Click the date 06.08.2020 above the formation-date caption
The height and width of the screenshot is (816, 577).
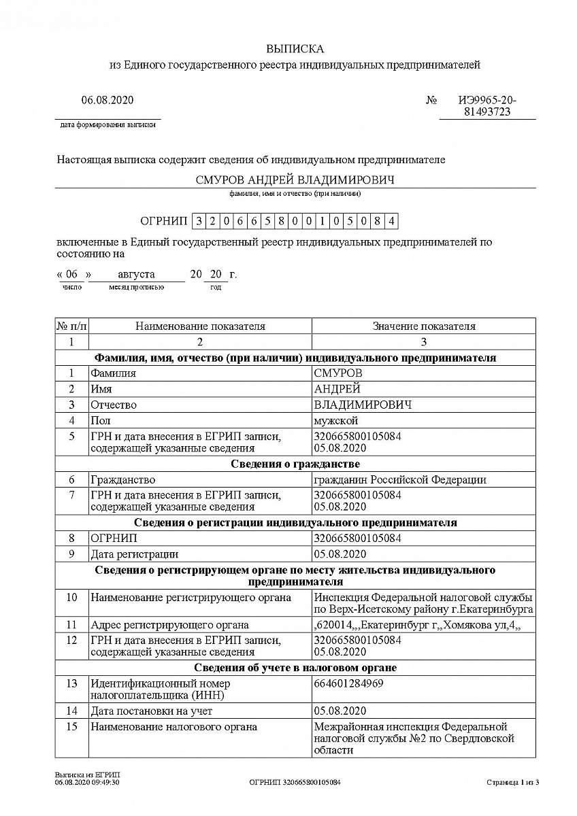108,100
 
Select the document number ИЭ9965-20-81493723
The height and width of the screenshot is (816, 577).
487,106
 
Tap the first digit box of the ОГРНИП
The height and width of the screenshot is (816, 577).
199,221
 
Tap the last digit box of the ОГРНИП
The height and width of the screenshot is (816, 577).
391,221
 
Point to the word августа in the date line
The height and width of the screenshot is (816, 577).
136,275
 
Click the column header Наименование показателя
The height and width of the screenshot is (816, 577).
200,326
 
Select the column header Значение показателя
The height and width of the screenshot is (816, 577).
423,326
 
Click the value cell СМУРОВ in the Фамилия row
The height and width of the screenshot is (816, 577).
338,373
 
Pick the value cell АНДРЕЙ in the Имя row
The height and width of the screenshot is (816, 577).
337,389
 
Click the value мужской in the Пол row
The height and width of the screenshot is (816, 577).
335,421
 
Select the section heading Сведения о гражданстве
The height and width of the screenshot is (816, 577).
295,464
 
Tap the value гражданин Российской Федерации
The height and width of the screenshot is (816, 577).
400,480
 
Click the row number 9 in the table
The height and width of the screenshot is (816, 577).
71,554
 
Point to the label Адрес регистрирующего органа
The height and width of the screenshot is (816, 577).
169,625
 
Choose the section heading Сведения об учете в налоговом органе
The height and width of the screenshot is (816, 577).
295,668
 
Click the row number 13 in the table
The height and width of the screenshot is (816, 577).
71,683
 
